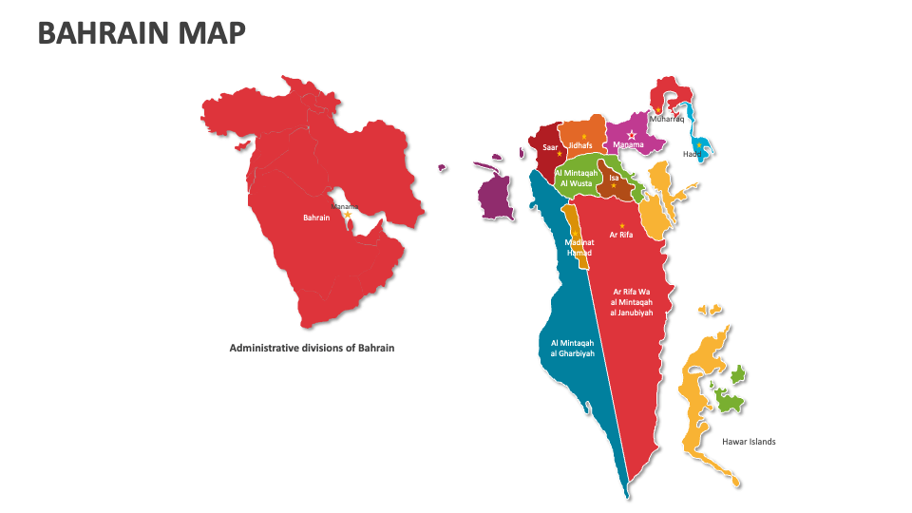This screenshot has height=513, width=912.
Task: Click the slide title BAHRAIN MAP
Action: tap(142, 33)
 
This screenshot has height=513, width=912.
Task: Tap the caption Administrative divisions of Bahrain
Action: tap(312, 348)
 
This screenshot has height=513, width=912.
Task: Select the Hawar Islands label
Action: tap(749, 442)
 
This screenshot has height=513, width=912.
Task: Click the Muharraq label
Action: tap(666, 120)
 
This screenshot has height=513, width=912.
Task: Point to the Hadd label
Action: tap(693, 154)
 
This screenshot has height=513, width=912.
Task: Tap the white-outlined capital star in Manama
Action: tap(632, 135)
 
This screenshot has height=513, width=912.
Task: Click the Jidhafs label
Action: tap(580, 145)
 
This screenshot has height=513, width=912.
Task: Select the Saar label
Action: tap(550, 147)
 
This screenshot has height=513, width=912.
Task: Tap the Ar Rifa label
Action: tap(620, 235)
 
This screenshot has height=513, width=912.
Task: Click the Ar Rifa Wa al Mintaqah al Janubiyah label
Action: tap(632, 302)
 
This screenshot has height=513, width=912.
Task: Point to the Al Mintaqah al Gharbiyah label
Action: tap(572, 348)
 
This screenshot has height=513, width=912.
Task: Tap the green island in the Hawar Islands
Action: tap(729, 401)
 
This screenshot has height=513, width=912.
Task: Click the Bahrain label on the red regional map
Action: tap(316, 218)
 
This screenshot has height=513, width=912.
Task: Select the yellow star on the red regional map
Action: tap(348, 215)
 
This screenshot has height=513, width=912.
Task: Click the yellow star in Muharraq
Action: tap(658, 110)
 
